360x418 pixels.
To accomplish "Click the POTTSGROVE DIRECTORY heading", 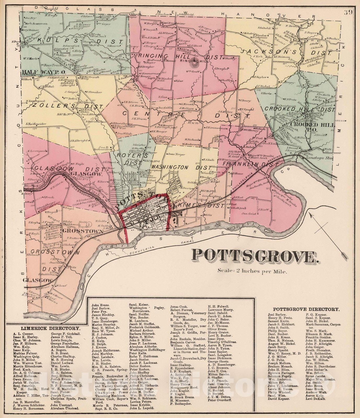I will (306, 309).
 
